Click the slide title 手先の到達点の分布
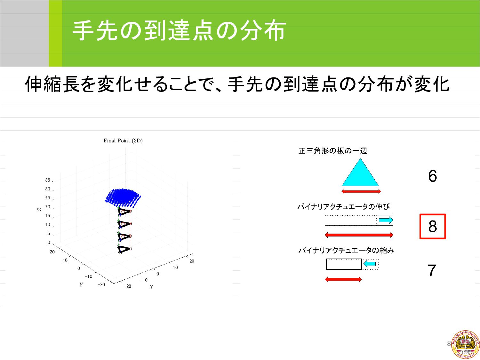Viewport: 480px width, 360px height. pos(179,31)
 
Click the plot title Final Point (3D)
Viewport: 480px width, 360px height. pos(123,140)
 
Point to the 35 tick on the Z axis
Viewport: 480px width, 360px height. pos(48,180)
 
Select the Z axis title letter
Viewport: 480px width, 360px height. pos(40,209)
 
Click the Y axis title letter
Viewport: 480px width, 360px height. pos(81,284)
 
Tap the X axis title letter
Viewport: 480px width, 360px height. pos(151,287)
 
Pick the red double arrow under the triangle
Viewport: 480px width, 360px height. pos(361,192)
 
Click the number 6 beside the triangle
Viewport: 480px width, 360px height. pos(432,176)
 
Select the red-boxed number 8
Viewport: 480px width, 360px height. pos(433,227)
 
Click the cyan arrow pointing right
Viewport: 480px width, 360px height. pos(386,220)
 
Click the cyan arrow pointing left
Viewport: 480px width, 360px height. pos(370,264)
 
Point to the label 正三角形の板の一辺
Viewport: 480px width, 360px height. pos(332,151)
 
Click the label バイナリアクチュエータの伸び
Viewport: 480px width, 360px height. pos(343,206)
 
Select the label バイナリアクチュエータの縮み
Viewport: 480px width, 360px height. pos(346,250)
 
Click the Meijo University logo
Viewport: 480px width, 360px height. pos(465,345)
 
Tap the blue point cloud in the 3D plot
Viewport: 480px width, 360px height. pos(123,198)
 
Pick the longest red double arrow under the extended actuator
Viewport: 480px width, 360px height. pos(359,235)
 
